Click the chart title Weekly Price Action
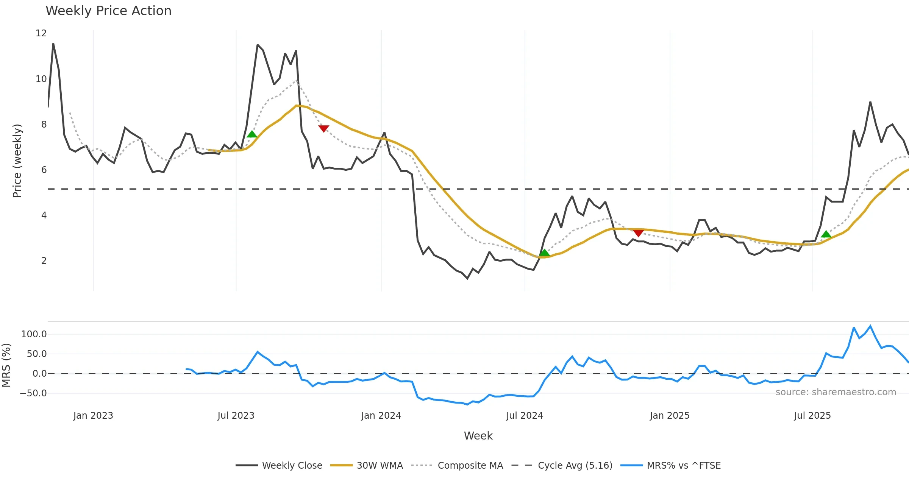108,11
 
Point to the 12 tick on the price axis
41,33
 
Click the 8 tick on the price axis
44,125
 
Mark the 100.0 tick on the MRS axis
34,334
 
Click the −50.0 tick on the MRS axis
33,393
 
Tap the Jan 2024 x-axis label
381,416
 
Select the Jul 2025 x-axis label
812,416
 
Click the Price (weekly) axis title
17,161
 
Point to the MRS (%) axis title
6,365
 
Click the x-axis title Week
478,436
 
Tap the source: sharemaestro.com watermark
836,392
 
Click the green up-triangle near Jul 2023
252,134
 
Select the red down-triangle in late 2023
323,128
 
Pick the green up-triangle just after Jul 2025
826,234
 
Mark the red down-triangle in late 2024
638,233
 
